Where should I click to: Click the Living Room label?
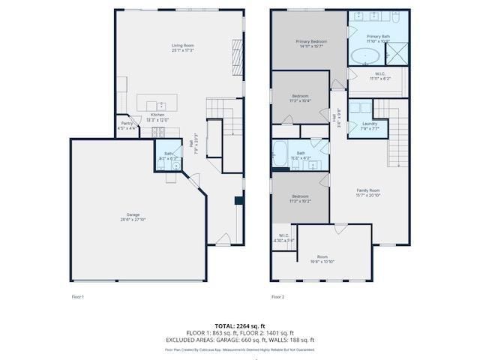(182, 49)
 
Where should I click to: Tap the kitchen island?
(157, 103)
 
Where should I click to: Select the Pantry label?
(127, 125)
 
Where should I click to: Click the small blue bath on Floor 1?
(168, 156)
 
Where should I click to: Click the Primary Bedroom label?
(308, 44)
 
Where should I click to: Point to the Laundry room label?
(369, 125)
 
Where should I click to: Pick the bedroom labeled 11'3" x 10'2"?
(299, 199)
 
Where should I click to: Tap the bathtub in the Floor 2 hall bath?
(279, 154)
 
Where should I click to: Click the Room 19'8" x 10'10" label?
(322, 259)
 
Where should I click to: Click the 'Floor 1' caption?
(77, 297)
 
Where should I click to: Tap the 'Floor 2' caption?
(277, 297)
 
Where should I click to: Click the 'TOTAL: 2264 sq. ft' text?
(240, 325)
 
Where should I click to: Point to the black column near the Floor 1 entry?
(238, 200)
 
